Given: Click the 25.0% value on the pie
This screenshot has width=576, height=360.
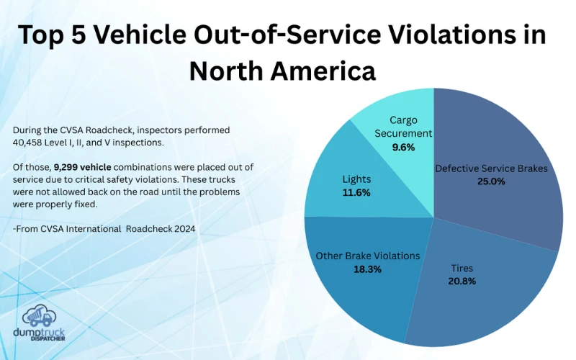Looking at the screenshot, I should pos(491,181).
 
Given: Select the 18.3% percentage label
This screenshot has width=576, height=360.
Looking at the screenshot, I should pos(368,269).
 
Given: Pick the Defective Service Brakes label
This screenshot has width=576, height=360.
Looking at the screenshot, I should pos(491,168).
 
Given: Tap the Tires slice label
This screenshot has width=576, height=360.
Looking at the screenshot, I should pos(462,268).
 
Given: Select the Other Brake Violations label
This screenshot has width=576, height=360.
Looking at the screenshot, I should pos(368,256).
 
